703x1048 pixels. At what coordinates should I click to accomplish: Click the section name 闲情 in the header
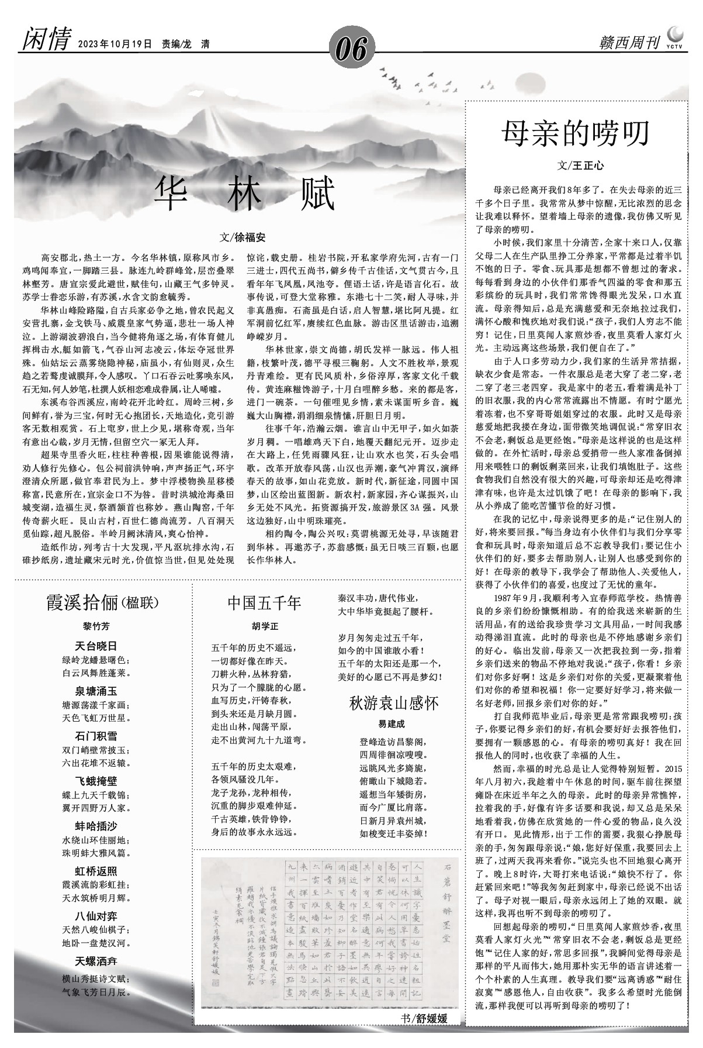pos(46,42)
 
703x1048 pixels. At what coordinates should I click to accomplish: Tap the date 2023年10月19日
pos(115,44)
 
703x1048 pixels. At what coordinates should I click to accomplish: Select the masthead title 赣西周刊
pos(629,43)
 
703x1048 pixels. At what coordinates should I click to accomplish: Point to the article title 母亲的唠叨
pos(576,133)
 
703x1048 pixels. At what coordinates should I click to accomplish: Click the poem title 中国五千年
pos(264,603)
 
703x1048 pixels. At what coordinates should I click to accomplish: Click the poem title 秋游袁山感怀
pos(394,702)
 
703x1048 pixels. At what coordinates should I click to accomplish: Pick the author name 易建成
pos(392,724)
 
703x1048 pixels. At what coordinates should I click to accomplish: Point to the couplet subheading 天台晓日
pos(96,646)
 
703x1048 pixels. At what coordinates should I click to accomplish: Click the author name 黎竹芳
pos(96,626)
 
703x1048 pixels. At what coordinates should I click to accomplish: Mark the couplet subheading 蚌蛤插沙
pos(96,826)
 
